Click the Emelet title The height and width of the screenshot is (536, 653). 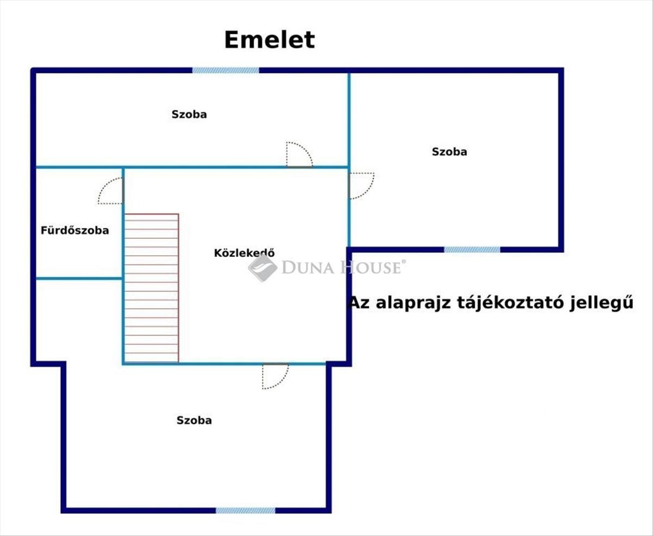point(269,40)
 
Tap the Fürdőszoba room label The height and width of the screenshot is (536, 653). point(75,230)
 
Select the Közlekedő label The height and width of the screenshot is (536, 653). point(244,252)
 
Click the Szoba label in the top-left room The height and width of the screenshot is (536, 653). point(189,114)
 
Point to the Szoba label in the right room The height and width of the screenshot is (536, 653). point(449,152)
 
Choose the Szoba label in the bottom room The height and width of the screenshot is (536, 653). point(194,420)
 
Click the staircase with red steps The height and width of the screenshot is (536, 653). point(151,288)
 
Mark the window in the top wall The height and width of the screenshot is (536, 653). point(226,70)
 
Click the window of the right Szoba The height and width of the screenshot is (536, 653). point(472,250)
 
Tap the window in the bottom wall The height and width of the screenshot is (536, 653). point(245,510)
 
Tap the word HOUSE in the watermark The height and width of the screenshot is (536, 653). point(371,267)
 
